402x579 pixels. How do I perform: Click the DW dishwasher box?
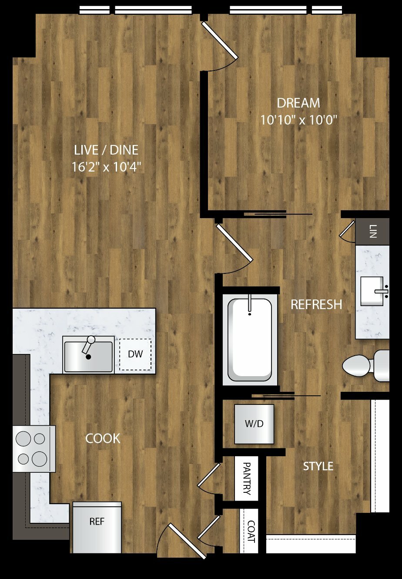tap(135, 354)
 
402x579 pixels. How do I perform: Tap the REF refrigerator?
tap(97, 527)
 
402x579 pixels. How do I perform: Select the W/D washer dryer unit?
tap(254, 424)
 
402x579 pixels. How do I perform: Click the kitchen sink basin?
tap(88, 357)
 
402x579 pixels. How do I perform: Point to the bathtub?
tap(250, 340)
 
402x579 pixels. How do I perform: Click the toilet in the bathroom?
tap(365, 366)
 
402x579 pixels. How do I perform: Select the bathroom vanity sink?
tap(372, 291)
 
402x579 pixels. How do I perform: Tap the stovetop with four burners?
tap(34, 449)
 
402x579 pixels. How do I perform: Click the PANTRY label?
tap(247, 478)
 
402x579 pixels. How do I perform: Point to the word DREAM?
tap(298, 103)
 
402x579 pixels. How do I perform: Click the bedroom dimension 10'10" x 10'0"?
tap(298, 120)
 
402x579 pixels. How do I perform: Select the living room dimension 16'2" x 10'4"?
tap(107, 167)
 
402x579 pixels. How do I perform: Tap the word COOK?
tap(103, 438)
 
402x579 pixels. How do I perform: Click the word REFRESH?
tap(316, 304)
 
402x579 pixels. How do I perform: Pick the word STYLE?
tap(318, 466)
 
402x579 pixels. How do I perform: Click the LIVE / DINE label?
tap(106, 150)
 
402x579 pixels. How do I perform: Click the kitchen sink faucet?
tap(88, 344)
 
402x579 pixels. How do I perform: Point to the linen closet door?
tap(347, 229)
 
